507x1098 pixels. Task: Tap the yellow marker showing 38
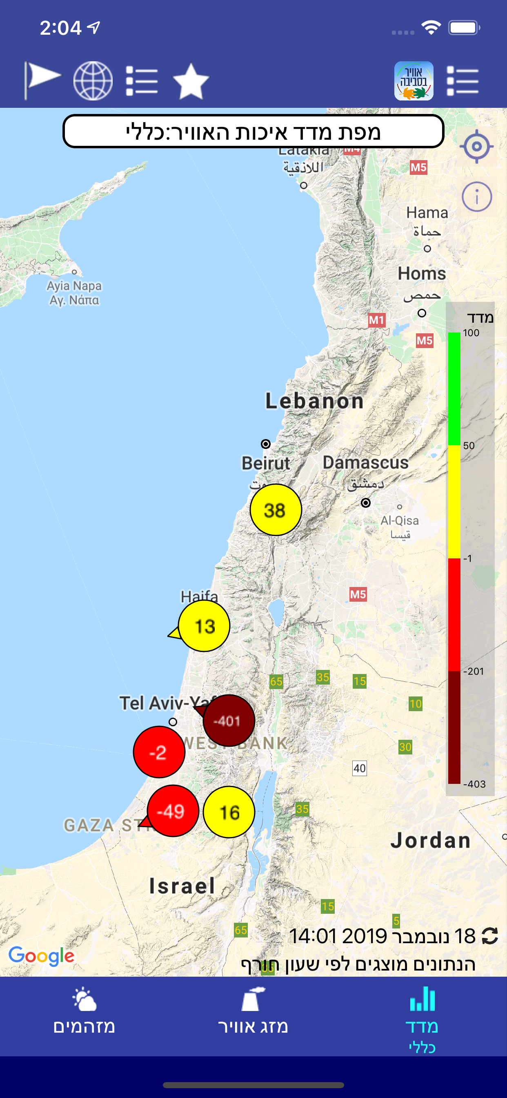click(x=276, y=510)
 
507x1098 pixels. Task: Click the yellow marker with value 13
click(x=204, y=626)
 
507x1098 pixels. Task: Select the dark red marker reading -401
click(x=229, y=720)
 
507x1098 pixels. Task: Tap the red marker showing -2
click(x=159, y=752)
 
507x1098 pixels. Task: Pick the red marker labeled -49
click(x=173, y=811)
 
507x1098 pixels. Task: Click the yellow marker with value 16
click(x=229, y=812)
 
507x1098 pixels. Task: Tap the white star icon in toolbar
click(x=191, y=81)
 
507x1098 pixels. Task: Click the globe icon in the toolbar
click(x=93, y=81)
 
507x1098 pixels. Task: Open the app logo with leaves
click(x=413, y=81)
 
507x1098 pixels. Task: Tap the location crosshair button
click(x=476, y=146)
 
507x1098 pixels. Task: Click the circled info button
click(x=476, y=197)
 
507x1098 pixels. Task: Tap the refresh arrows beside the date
click(x=489, y=936)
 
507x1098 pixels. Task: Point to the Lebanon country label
click(x=314, y=401)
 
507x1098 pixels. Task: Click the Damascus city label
click(x=365, y=462)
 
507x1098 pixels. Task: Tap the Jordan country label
click(x=430, y=841)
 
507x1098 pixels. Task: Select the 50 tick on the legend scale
click(x=469, y=445)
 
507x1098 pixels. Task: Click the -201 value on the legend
click(x=474, y=671)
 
